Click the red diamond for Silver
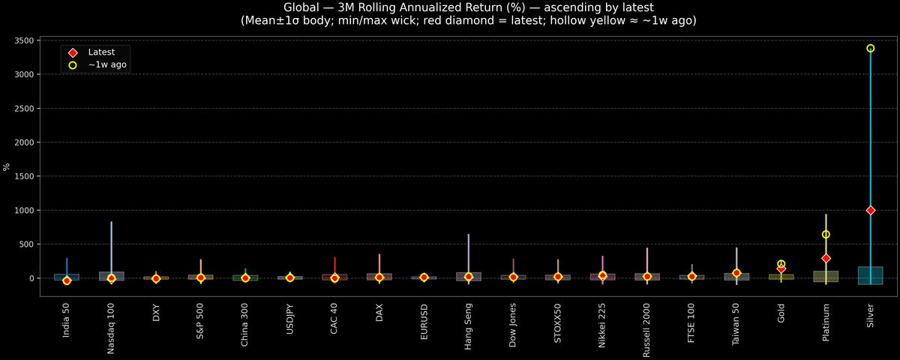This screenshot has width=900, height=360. click(871, 210)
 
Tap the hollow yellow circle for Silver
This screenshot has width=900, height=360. click(871, 48)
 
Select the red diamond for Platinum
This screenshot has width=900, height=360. click(826, 258)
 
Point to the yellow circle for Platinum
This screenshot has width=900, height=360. click(826, 235)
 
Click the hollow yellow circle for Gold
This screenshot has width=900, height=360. click(781, 264)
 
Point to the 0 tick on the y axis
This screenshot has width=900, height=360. click(31, 278)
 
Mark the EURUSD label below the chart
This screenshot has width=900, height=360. click(424, 321)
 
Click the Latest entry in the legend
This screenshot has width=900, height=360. click(100, 52)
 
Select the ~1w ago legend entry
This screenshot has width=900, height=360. click(106, 65)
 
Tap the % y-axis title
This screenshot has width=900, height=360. click(7, 166)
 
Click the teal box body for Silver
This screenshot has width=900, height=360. click(871, 275)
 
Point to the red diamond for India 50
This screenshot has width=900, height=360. click(67, 280)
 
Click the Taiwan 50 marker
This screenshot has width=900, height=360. click(736, 273)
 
